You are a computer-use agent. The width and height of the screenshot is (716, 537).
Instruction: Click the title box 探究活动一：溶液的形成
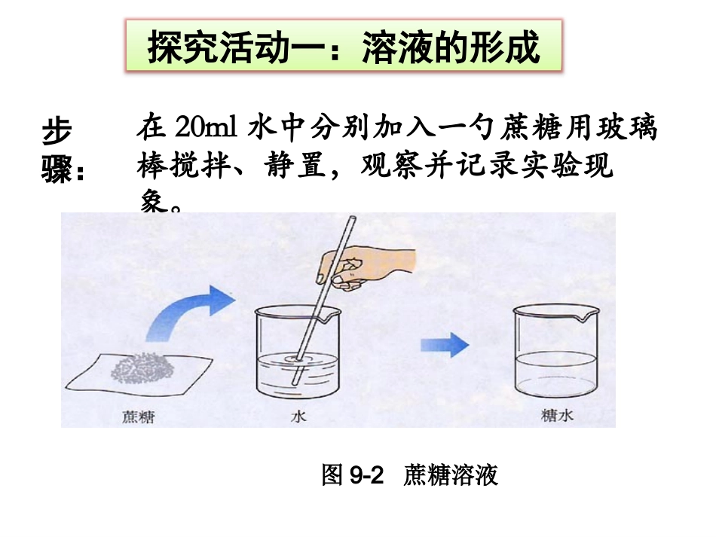point(343,47)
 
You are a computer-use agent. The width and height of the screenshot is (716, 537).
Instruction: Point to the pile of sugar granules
point(142,368)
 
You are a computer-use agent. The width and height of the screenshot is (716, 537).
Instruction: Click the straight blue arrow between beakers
point(445,346)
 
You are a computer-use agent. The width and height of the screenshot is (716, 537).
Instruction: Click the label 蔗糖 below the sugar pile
point(137,415)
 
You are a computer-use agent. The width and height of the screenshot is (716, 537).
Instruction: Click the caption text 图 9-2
point(353,476)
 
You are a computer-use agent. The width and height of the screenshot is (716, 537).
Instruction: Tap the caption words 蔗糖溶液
point(451,476)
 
